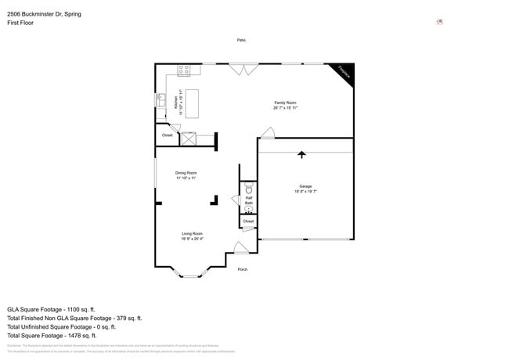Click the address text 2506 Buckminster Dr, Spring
44,14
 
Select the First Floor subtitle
20,23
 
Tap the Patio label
242,40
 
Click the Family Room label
285,105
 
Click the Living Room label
193,236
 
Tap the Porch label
242,270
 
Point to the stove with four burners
184,70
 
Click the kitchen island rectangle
191,103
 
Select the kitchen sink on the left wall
161,102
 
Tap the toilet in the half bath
249,189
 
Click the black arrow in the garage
301,154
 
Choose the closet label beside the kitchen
167,135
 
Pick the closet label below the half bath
248,221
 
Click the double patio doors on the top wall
243,69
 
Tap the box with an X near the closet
188,139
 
